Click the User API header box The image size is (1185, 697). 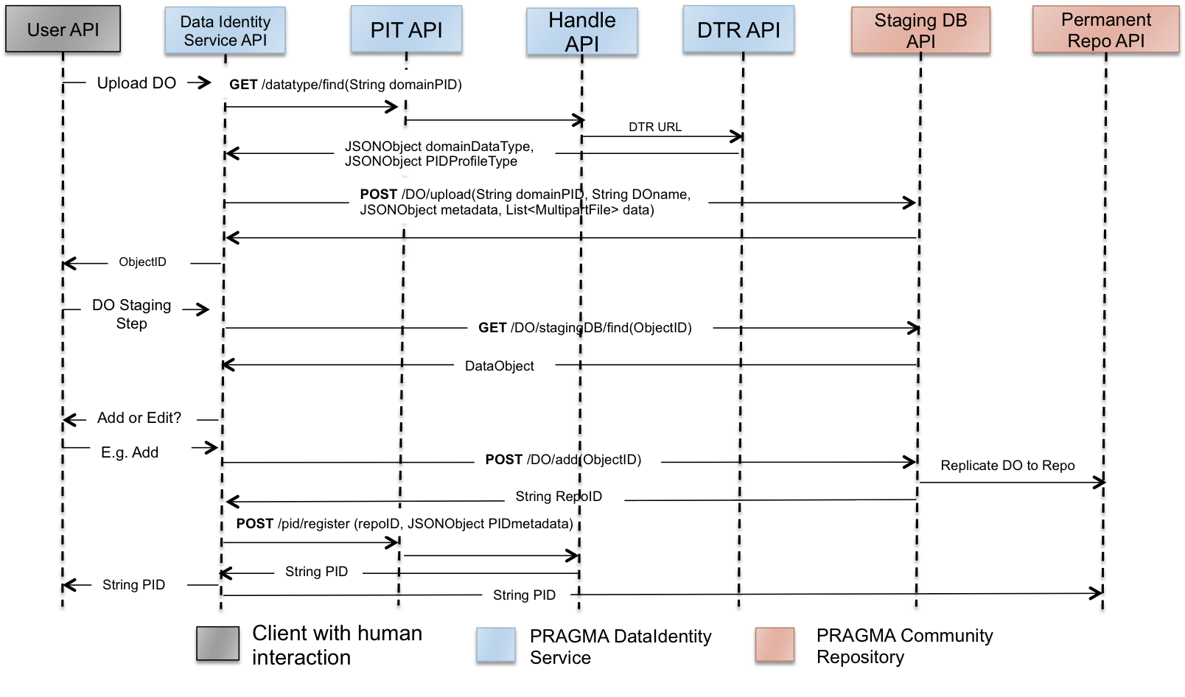(63, 29)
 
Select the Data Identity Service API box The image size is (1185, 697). (225, 31)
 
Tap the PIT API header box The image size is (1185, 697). (406, 29)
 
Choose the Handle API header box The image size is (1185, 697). (581, 32)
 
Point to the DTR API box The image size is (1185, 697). (738, 29)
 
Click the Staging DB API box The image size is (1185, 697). (920, 31)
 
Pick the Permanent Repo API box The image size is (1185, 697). (1105, 30)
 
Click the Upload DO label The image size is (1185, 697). (136, 83)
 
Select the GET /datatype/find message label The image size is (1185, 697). (375, 84)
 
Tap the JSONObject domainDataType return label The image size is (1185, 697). (444, 153)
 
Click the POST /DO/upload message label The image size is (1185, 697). (528, 201)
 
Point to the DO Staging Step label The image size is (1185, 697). (131, 314)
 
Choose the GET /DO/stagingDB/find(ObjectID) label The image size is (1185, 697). (590, 327)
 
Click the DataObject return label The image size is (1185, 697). (504, 365)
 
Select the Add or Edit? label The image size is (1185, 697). (141, 417)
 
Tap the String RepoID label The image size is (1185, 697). (564, 496)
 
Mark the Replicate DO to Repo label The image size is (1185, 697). (1008, 464)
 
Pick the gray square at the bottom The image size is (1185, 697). (217, 643)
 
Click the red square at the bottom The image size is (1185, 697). (775, 644)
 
